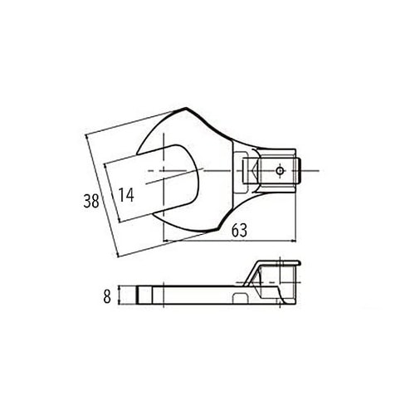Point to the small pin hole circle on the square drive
click(280, 172)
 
